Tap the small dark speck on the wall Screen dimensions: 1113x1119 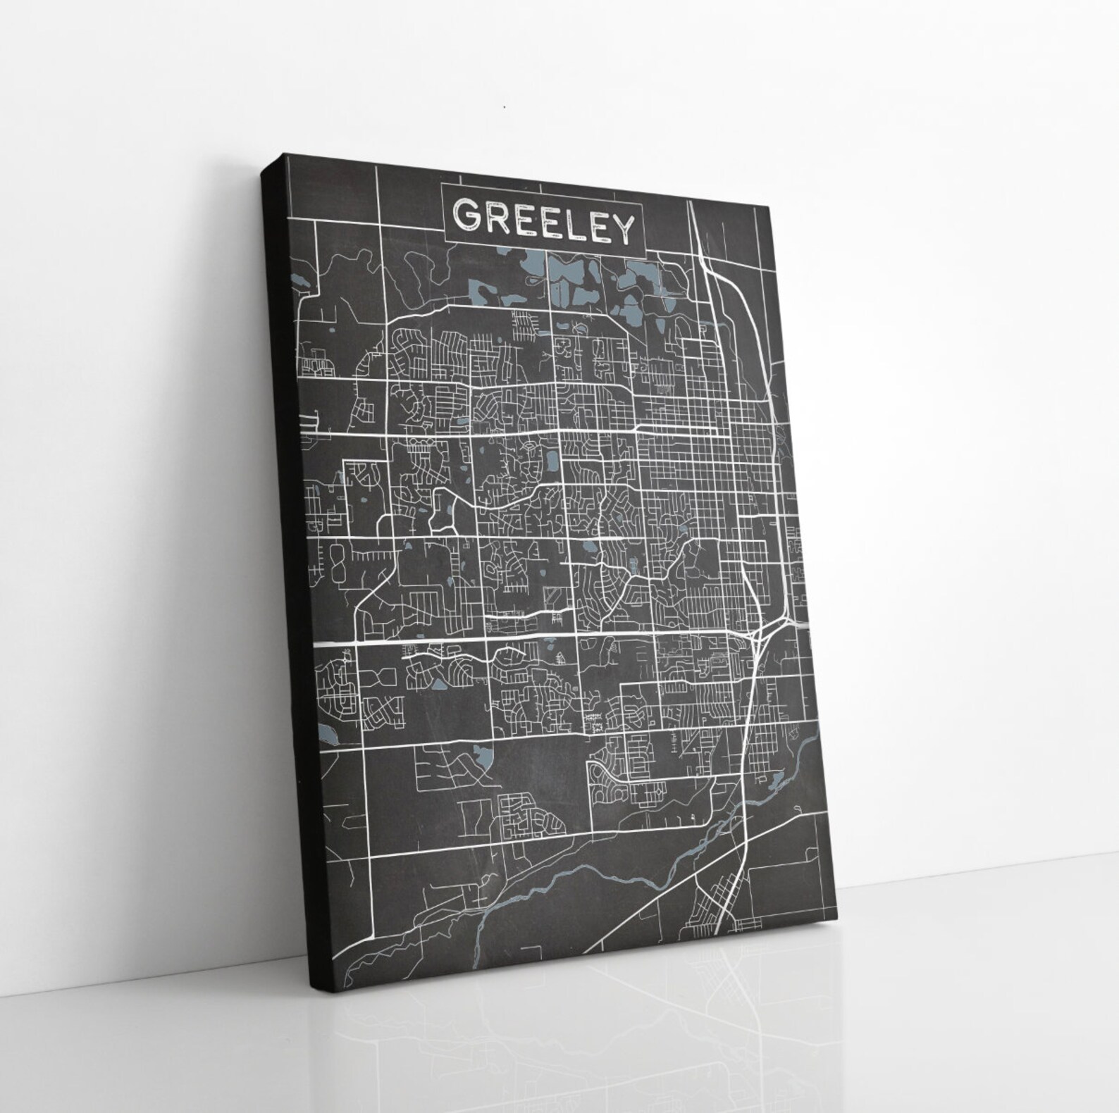[x=505, y=107]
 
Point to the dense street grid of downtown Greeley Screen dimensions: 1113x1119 [x=691, y=451]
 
